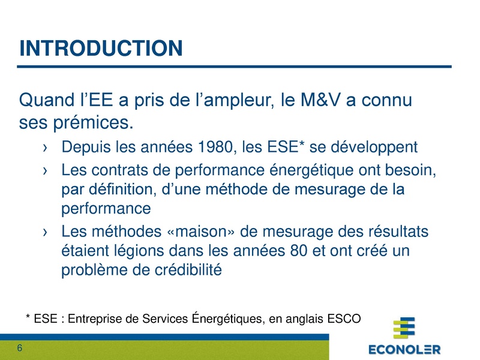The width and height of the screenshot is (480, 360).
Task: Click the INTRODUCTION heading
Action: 101,48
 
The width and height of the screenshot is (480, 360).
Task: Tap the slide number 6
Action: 20,349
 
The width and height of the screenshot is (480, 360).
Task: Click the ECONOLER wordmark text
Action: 404,349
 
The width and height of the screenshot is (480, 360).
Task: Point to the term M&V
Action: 333,99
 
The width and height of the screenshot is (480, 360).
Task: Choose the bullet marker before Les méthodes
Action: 46,232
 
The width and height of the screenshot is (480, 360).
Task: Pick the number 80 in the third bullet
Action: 298,251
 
